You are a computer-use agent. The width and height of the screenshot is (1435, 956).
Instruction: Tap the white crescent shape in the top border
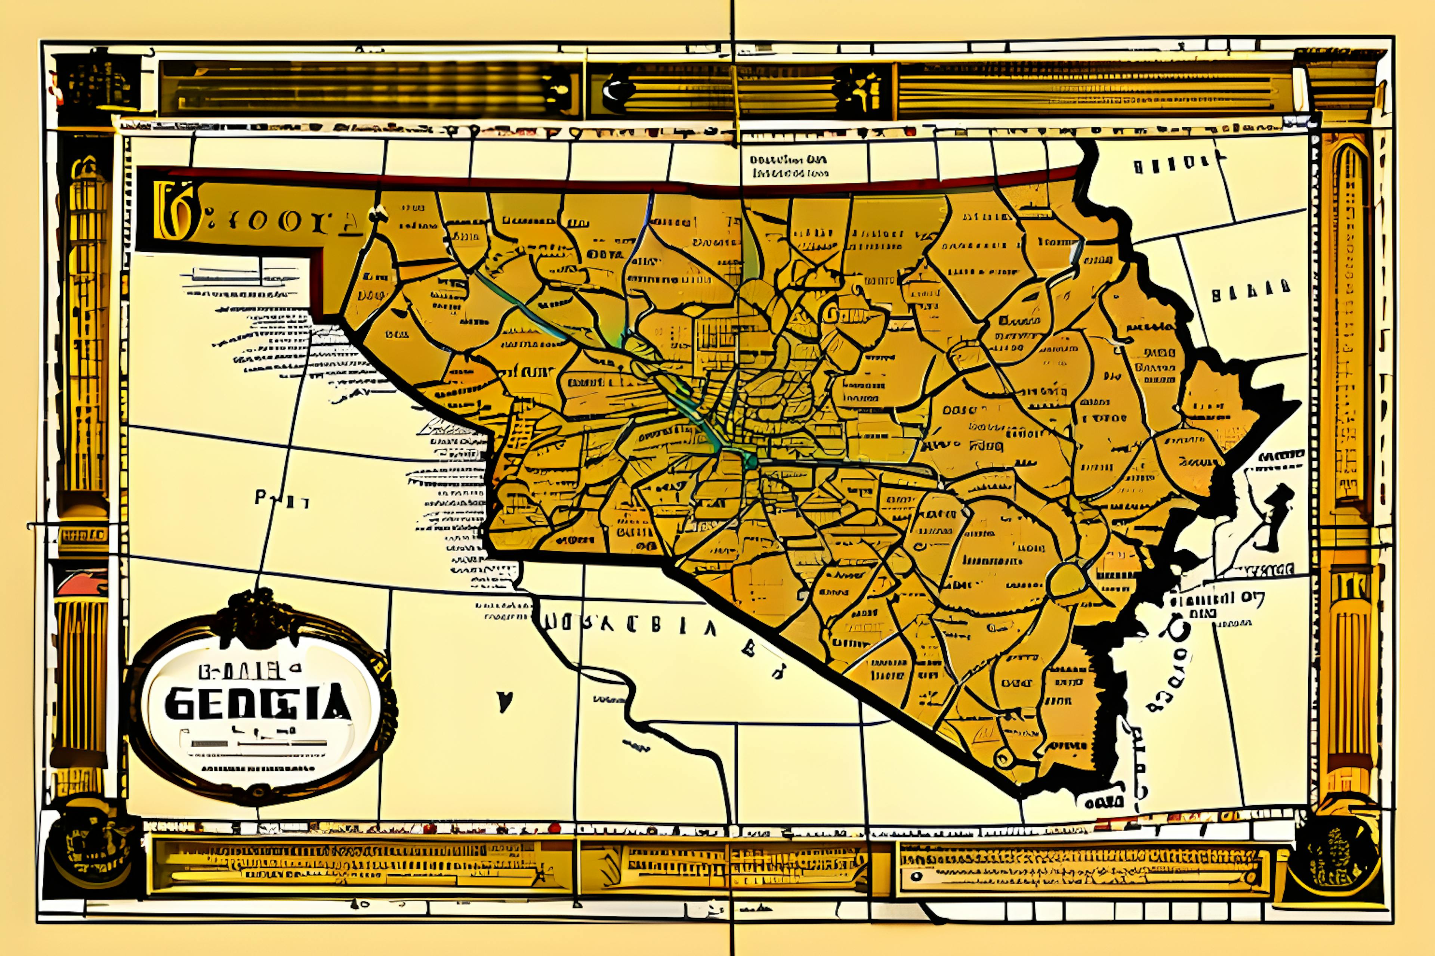pos(611,91)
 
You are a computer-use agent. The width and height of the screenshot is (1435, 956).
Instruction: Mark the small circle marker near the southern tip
pos(1002,758)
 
